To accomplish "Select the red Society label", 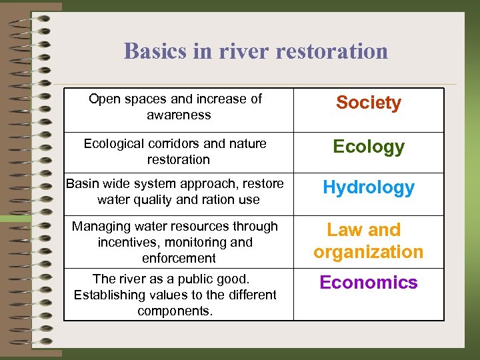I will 368,103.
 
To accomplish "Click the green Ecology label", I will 368,147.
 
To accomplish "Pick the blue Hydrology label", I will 368,187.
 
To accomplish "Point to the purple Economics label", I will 368,283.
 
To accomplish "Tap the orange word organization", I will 368,252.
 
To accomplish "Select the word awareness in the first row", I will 179,115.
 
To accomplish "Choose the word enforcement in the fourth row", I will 179,258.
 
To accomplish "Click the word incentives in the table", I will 127,242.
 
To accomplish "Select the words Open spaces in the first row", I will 128,99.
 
